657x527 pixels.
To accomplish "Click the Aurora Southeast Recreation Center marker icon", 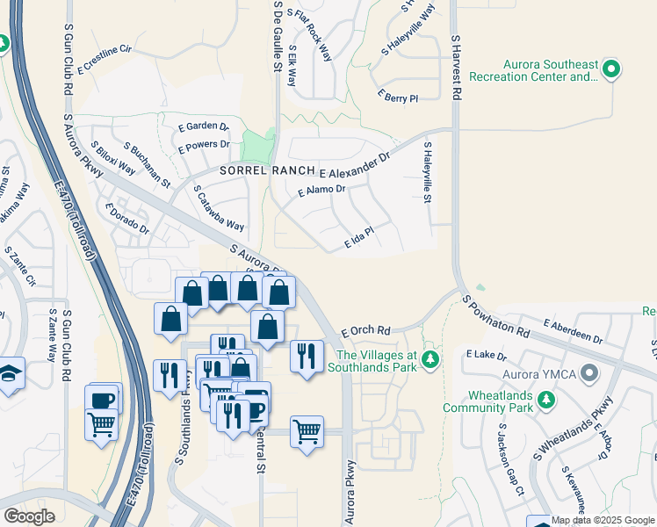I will point(611,69).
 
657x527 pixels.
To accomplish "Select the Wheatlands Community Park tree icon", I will point(546,400).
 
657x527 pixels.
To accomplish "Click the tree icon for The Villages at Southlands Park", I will point(430,359).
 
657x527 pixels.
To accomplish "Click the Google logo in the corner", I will point(29,516).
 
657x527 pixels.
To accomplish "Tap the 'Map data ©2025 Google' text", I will point(603,520).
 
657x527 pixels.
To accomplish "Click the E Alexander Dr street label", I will point(354,166).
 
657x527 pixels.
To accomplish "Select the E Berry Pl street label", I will point(397,95).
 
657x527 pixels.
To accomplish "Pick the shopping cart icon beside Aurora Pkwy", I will point(307,431).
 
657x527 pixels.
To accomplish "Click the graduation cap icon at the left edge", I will point(9,372).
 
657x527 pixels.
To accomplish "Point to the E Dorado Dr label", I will point(126,218).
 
